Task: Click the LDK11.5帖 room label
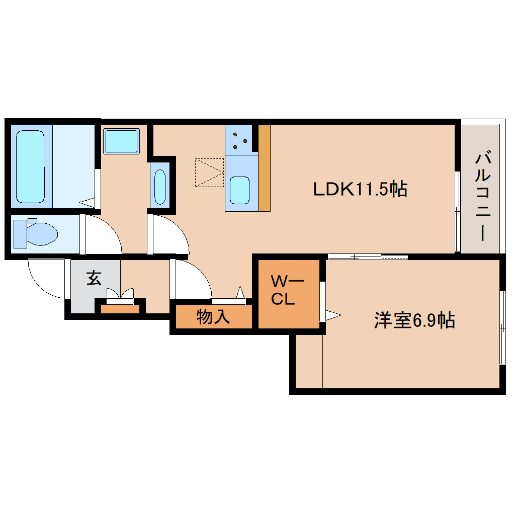pos(360,189)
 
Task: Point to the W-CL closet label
pos(286,290)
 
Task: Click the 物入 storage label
pos(213,317)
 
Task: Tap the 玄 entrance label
pos(94,278)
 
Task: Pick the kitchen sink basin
pos(239,191)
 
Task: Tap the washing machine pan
pos(121,141)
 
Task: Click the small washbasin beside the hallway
pos(160,187)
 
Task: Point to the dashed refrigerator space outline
pos(210,173)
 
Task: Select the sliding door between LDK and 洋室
pos(367,257)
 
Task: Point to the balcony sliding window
pos(457,211)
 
